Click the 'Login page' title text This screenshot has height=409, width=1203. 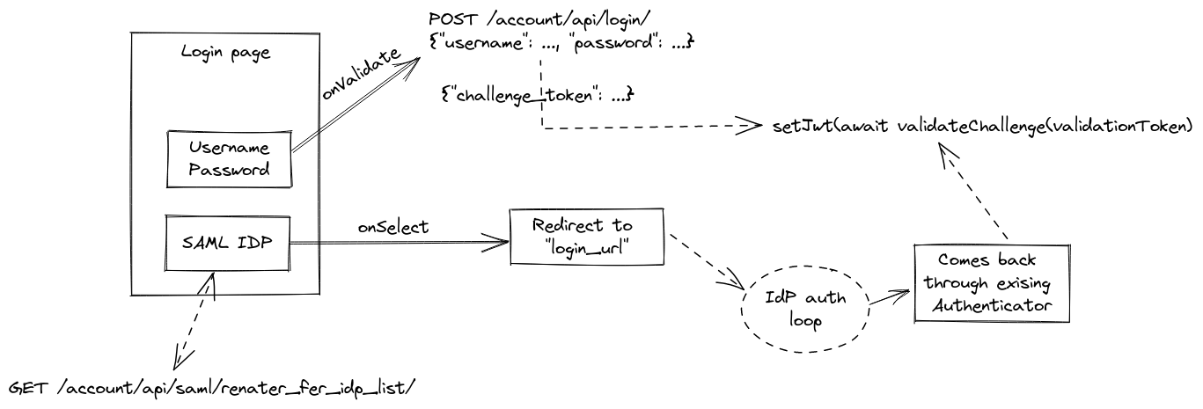(224, 52)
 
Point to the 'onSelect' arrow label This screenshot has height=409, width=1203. (392, 227)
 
